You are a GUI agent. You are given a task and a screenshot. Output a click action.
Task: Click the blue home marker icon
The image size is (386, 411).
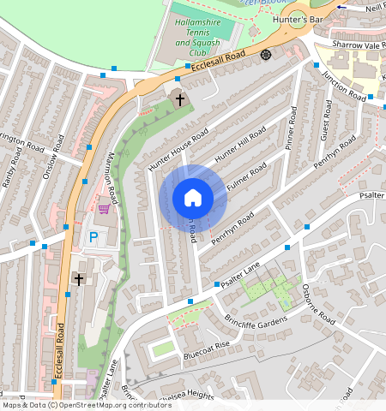tap(193, 198)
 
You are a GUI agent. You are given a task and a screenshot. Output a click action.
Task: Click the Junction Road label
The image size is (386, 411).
tap(343, 83)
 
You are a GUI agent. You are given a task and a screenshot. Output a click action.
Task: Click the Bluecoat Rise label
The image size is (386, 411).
tap(207, 350)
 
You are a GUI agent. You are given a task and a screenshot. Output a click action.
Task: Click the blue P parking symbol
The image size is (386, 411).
tap(93, 236)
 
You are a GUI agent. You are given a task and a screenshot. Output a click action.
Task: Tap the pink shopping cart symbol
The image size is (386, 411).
tap(105, 208)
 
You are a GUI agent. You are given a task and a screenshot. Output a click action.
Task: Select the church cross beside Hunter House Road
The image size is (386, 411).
tap(181, 99)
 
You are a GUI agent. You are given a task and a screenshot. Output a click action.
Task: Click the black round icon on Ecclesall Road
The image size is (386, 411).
tap(266, 55)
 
